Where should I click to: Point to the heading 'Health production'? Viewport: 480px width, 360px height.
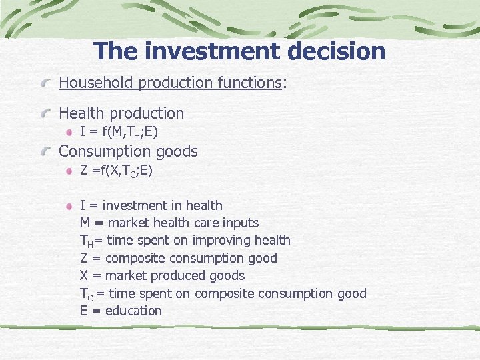pyautogui.click(x=121, y=113)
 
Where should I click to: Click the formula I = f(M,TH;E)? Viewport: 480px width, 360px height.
pyautogui.click(x=119, y=132)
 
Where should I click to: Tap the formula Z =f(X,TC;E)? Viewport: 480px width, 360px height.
pyautogui.click(x=117, y=171)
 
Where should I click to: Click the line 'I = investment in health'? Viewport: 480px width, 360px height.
pyautogui.click(x=151, y=205)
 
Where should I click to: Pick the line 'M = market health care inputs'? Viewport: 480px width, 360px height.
pyautogui.click(x=169, y=223)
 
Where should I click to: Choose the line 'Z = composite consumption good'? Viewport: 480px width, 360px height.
pyautogui.click(x=179, y=258)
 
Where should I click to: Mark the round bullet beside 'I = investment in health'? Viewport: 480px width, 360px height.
pyautogui.click(x=69, y=206)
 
